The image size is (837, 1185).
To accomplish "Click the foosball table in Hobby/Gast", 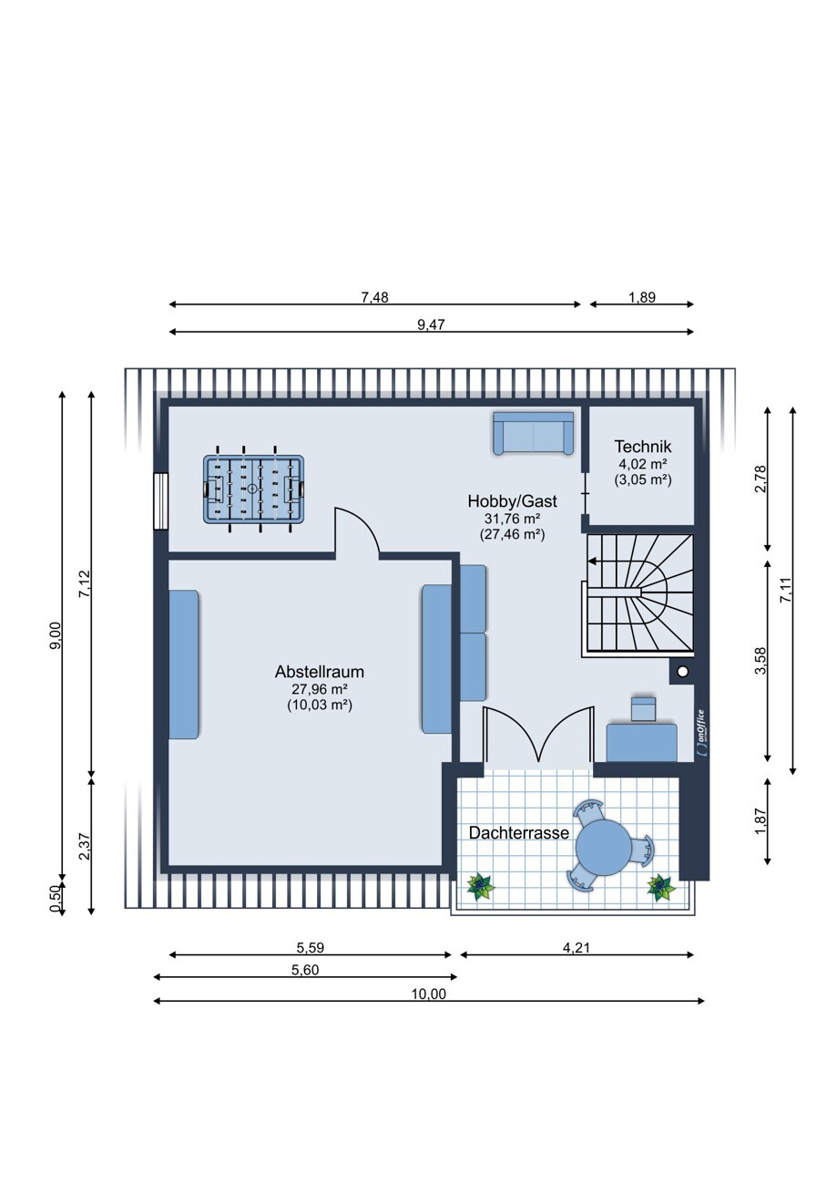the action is click(253, 489).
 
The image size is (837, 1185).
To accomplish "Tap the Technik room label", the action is click(642, 447).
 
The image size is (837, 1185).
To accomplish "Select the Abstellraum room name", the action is click(319, 672).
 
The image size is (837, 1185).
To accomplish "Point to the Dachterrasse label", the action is click(518, 832).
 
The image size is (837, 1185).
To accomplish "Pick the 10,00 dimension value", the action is click(429, 994).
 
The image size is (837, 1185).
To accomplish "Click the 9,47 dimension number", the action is click(431, 325).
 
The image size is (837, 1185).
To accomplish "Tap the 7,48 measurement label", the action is click(374, 297).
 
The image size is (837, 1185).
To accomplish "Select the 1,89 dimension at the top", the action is click(641, 297).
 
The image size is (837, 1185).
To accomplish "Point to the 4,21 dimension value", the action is click(576, 947).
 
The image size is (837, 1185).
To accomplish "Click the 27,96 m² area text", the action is click(319, 689).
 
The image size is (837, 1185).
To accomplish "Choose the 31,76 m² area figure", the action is click(512, 518).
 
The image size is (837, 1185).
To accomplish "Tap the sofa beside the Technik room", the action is click(533, 433).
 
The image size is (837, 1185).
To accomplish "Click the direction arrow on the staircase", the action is click(593, 562).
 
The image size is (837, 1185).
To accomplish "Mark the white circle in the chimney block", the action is click(683, 672).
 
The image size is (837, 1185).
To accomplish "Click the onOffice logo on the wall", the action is click(701, 733).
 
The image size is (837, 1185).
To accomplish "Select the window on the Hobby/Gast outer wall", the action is click(160, 500).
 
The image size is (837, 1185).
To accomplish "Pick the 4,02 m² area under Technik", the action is click(642, 464).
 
